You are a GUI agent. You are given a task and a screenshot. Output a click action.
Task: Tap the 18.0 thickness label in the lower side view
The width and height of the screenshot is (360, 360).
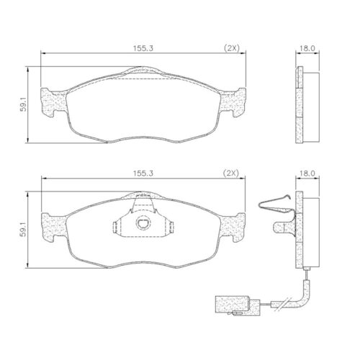(x=308, y=174)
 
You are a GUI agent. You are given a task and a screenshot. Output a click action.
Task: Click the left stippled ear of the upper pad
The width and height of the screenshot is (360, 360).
(x=51, y=102)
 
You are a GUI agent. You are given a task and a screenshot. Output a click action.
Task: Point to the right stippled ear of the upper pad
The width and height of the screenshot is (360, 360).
(x=237, y=102)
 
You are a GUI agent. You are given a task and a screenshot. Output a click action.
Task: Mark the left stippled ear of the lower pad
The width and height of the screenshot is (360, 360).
(x=51, y=226)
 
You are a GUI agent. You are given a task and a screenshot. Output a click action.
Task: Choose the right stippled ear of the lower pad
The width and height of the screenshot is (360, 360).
(x=237, y=226)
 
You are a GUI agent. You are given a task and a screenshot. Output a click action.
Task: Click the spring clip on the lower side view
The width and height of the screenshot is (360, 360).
(x=276, y=206)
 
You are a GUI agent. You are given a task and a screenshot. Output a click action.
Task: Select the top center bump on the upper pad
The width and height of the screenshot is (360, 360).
(x=143, y=71)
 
